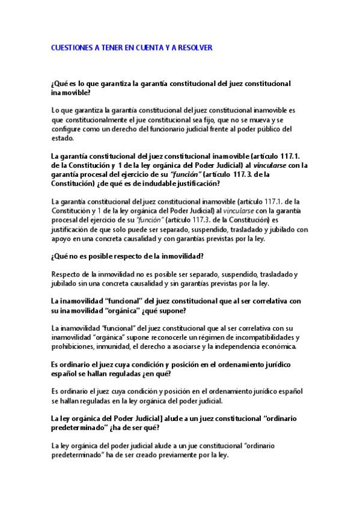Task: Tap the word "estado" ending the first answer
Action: click(x=64, y=137)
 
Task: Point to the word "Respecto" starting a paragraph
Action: click(x=67, y=275)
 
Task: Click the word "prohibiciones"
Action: click(x=75, y=346)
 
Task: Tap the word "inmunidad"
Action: click(x=121, y=346)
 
